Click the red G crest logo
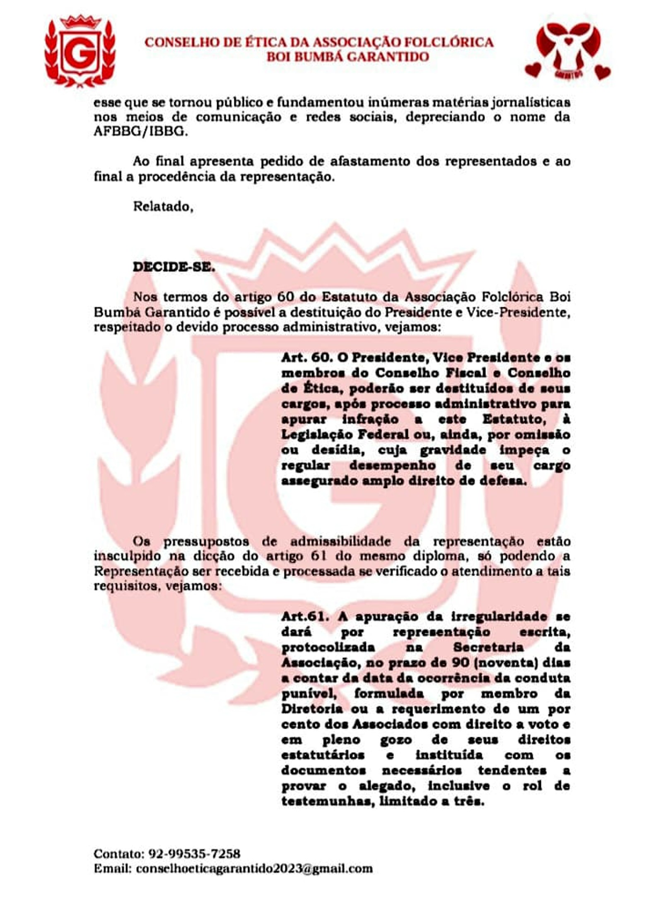point(80,52)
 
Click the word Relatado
point(163,206)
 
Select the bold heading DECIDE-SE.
point(174,267)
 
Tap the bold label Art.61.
point(306,617)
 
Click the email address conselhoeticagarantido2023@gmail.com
point(254,868)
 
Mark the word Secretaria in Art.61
point(488,647)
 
